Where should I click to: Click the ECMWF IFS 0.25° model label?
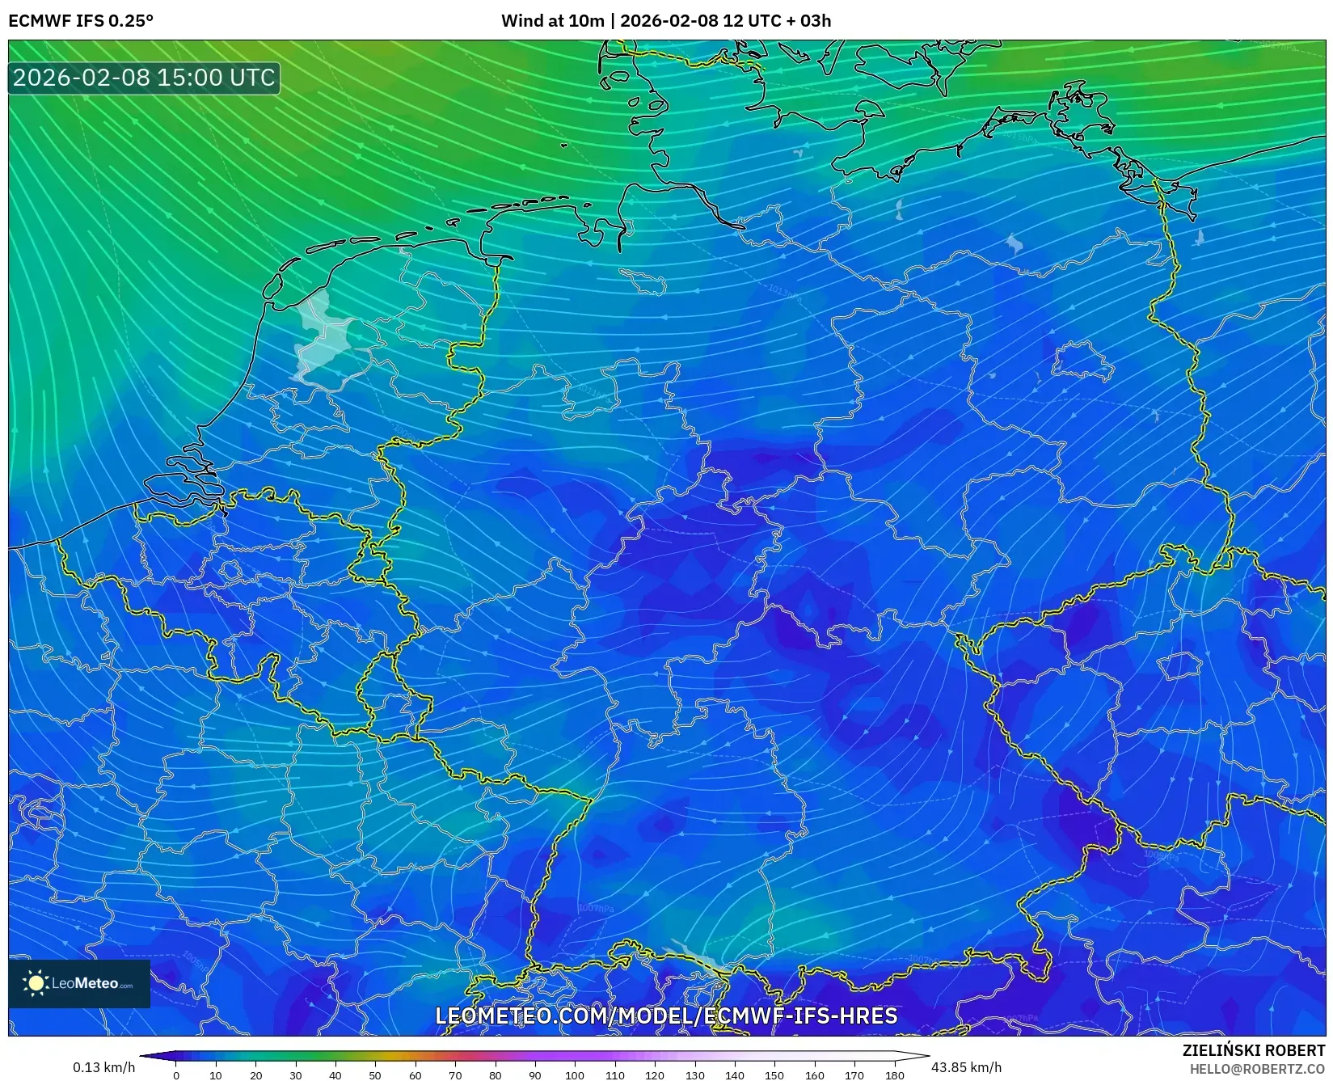(80, 21)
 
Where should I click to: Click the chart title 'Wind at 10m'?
(552, 21)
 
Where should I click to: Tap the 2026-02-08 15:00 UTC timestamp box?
(144, 78)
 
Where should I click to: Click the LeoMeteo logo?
(79, 983)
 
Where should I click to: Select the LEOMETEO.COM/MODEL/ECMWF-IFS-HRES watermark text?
(666, 1016)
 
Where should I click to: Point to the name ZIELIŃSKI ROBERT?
(1253, 1051)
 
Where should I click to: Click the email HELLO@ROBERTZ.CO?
(1256, 1069)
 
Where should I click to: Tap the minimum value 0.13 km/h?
(103, 1067)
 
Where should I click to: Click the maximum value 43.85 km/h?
(966, 1067)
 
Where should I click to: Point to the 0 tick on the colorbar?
(176, 1075)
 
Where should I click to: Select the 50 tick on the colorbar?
(375, 1075)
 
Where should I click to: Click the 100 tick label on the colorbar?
(575, 1075)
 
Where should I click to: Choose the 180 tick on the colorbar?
(894, 1075)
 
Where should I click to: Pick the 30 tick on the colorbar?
(296, 1075)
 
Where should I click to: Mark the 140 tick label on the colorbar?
(734, 1075)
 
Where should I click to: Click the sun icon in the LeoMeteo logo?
(36, 983)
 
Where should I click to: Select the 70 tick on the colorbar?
(455, 1075)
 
